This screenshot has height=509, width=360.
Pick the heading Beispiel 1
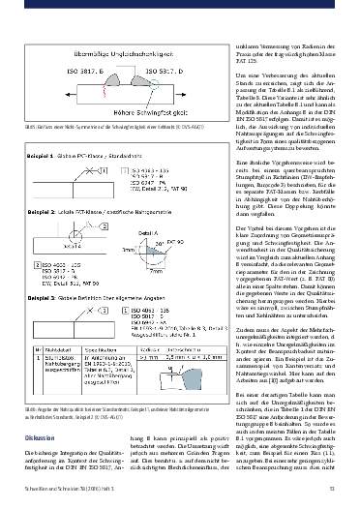coord(46,128)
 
